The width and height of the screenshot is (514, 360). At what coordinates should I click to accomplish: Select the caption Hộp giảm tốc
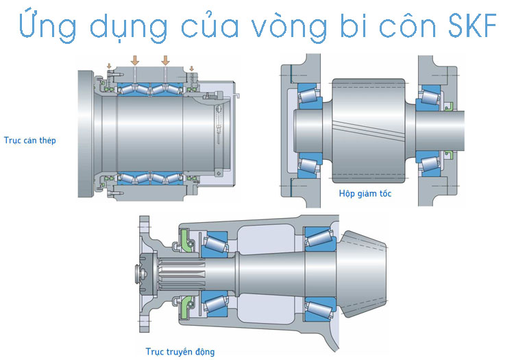365,193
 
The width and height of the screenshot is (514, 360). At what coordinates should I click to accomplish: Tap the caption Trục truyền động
180,352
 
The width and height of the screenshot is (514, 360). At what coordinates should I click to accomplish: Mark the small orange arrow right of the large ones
191,67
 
